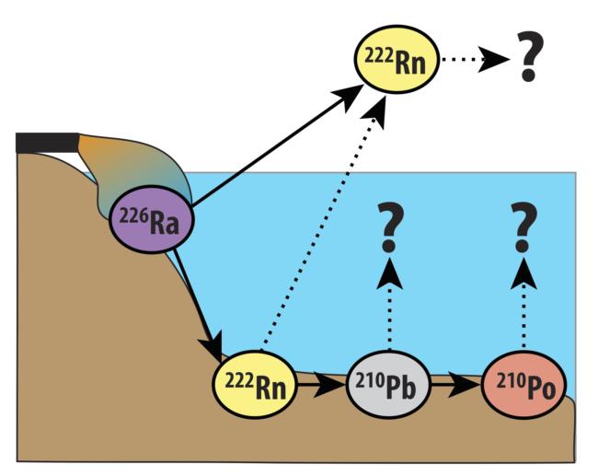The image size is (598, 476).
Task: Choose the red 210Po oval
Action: pyautogui.click(x=523, y=385)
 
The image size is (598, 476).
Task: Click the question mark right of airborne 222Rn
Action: pyautogui.click(x=528, y=59)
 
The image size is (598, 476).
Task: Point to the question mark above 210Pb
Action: pyautogui.click(x=389, y=229)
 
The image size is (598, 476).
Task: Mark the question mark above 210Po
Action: pyautogui.click(x=524, y=229)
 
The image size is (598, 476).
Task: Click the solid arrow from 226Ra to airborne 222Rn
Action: pyautogui.click(x=276, y=147)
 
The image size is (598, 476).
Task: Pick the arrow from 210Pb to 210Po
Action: pyautogui.click(x=456, y=385)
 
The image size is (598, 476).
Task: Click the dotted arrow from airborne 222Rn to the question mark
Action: pyautogui.click(x=474, y=60)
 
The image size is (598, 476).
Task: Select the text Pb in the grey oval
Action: pyautogui.click(x=403, y=387)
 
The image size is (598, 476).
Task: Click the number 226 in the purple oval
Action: pyautogui.click(x=132, y=219)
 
